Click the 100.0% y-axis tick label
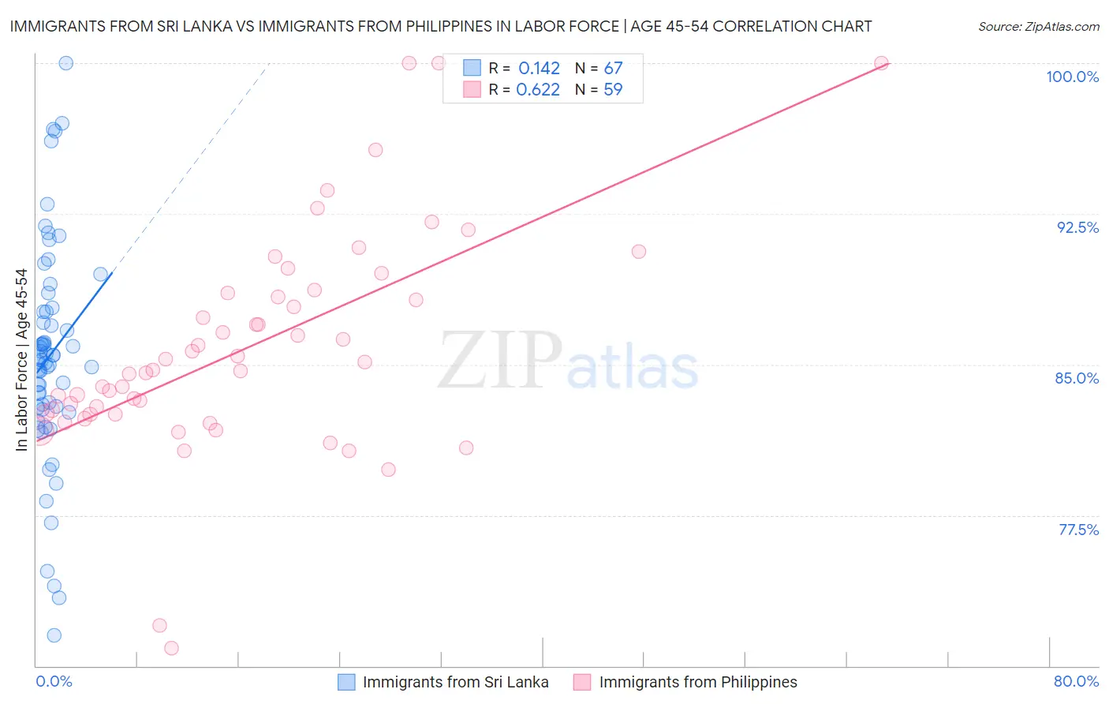1072,77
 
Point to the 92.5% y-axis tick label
1077,227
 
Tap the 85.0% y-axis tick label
1077,378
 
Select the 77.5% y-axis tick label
1078,530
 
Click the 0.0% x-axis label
54,681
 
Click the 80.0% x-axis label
1076,681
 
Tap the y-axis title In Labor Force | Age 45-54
21,360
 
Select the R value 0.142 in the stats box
539,68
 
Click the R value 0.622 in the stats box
538,89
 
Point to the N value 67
613,68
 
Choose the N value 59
613,89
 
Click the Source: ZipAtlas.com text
1038,26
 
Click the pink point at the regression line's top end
881,63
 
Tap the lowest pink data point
171,648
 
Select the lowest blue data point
54,635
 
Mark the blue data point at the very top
66,63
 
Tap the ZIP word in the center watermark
499,360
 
